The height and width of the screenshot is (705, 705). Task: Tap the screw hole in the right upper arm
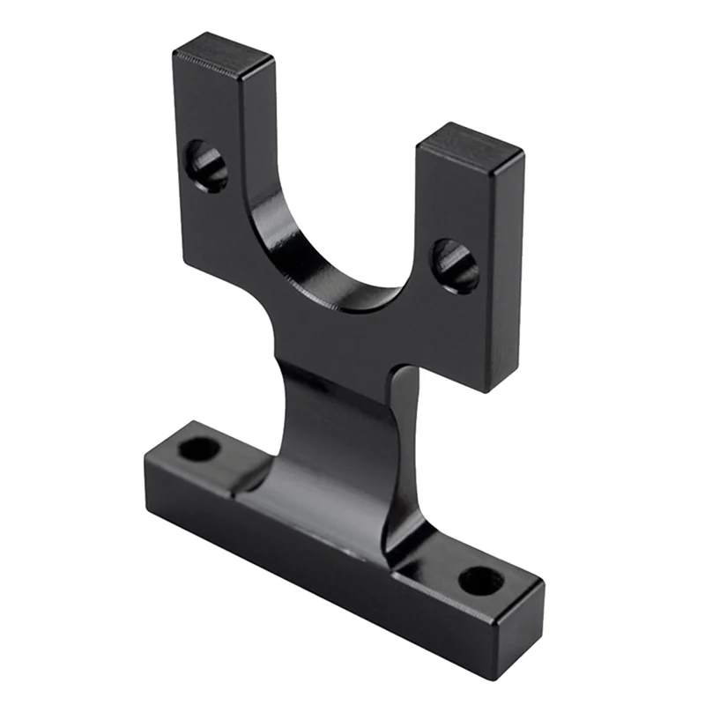[456, 263]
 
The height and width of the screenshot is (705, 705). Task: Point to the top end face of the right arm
[470, 143]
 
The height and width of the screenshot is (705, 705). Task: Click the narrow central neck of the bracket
[339, 414]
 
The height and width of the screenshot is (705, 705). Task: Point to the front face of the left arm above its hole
[207, 106]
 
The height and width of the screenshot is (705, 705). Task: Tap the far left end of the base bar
[145, 476]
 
